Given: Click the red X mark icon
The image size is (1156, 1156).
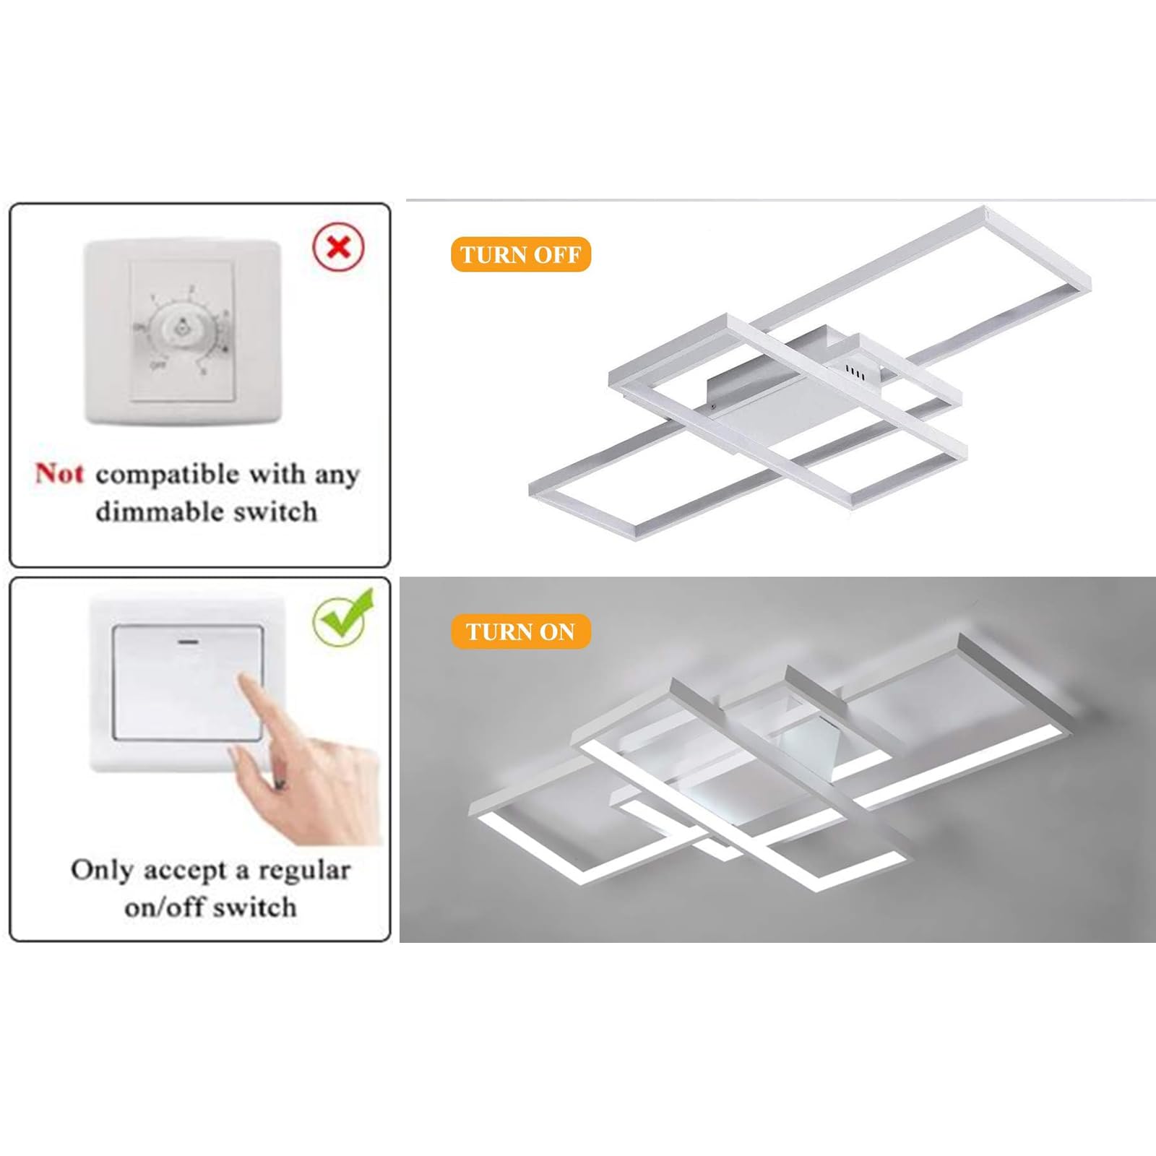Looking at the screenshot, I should (338, 247).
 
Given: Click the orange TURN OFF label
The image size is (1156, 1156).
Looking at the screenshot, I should (520, 255).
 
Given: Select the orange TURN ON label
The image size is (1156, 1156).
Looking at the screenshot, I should (520, 632).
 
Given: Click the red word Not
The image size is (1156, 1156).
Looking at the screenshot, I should (60, 474).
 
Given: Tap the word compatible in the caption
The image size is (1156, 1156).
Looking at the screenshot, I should (167, 475).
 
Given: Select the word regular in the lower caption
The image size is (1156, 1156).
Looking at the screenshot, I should (304, 871).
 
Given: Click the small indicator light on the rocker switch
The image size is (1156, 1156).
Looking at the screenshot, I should (188, 641).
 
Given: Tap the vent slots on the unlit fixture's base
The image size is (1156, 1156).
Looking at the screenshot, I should (855, 370).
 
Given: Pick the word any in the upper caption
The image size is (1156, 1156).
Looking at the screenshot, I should (336, 475).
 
